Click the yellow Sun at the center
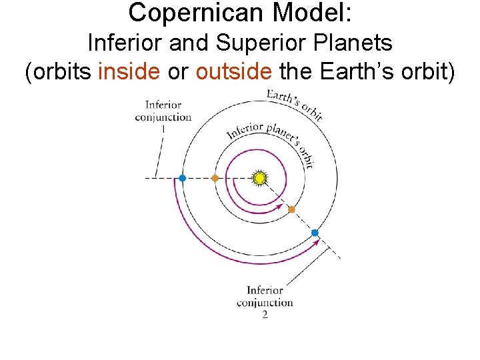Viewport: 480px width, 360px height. pos(260,178)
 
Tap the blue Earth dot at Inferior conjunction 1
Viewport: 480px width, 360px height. pos(182,178)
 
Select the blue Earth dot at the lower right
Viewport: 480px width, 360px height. pos(315,233)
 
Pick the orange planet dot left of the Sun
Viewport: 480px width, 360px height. pos(215,178)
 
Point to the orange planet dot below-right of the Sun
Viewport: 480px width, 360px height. pos(291,209)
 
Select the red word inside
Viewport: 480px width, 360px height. pos(129,72)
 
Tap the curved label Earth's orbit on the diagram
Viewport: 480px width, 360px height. pos(295,104)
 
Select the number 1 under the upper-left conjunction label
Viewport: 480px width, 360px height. pos(163,127)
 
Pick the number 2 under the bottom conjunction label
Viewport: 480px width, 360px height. pos(265,314)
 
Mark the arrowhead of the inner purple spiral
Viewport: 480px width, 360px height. pos(280,205)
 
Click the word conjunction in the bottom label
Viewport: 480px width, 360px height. pos(265,302)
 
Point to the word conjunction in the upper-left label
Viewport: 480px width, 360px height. pos(163,117)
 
